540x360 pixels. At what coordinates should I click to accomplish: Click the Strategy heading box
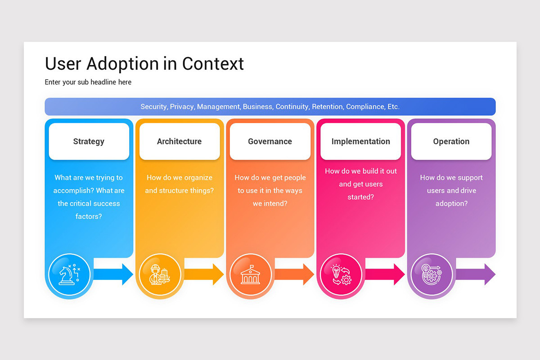click(89, 141)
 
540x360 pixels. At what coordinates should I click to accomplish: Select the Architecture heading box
click(179, 141)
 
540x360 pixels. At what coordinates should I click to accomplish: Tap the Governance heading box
click(270, 141)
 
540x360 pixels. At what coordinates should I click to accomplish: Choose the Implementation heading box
click(360, 141)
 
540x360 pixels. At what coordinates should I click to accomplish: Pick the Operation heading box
click(451, 141)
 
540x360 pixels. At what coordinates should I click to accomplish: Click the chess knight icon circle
click(69, 274)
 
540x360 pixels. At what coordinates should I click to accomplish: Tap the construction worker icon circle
click(160, 274)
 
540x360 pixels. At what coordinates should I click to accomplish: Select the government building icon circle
click(250, 274)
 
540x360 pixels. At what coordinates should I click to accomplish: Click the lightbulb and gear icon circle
click(341, 274)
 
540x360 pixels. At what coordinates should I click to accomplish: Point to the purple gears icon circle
click(432, 274)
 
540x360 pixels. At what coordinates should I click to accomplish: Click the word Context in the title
click(213, 64)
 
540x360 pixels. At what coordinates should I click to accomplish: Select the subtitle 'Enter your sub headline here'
click(88, 82)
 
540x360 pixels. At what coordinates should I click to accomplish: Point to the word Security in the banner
click(153, 107)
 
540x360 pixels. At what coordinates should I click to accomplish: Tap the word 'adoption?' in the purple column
click(451, 203)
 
